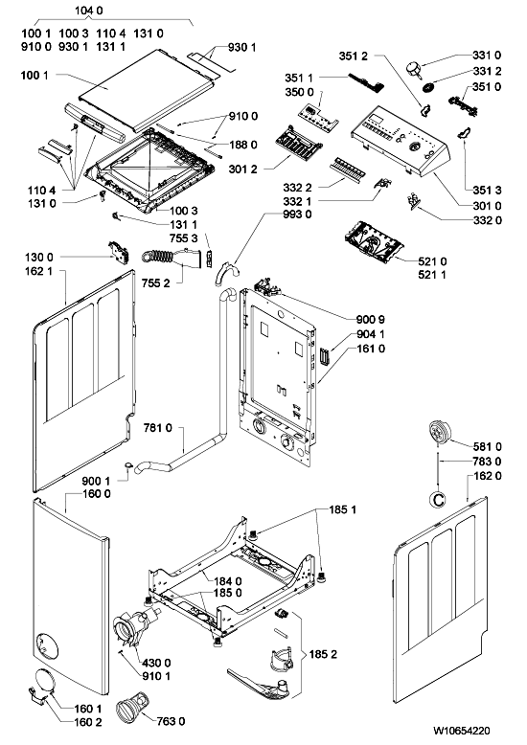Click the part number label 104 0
pyautogui.click(x=89, y=11)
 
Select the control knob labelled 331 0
pyautogui.click(x=414, y=69)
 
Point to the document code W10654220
pyautogui.click(x=461, y=731)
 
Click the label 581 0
pyautogui.click(x=487, y=446)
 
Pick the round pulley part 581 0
pyautogui.click(x=440, y=433)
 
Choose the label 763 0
pyautogui.click(x=171, y=721)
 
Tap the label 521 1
pyautogui.click(x=432, y=275)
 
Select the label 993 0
pyautogui.click(x=297, y=214)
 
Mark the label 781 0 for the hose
pyautogui.click(x=157, y=428)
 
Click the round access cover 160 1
pyautogui.click(x=43, y=681)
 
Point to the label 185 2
pyautogui.click(x=323, y=654)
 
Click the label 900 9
pyautogui.click(x=371, y=319)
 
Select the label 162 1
pyautogui.click(x=39, y=271)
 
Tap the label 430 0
pyautogui.click(x=156, y=663)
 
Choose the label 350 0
pyautogui.click(x=299, y=92)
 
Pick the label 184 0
pyautogui.click(x=228, y=580)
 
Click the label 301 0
pyautogui.click(x=487, y=206)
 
